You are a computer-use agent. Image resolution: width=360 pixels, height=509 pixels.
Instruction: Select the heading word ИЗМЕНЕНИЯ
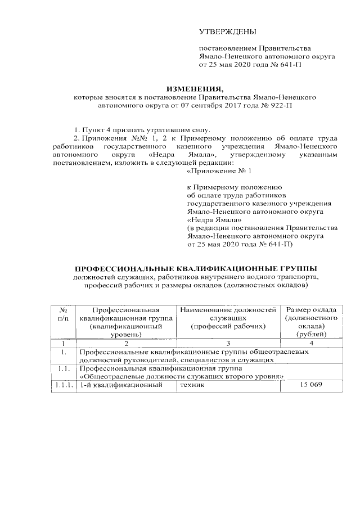tap(194, 88)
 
